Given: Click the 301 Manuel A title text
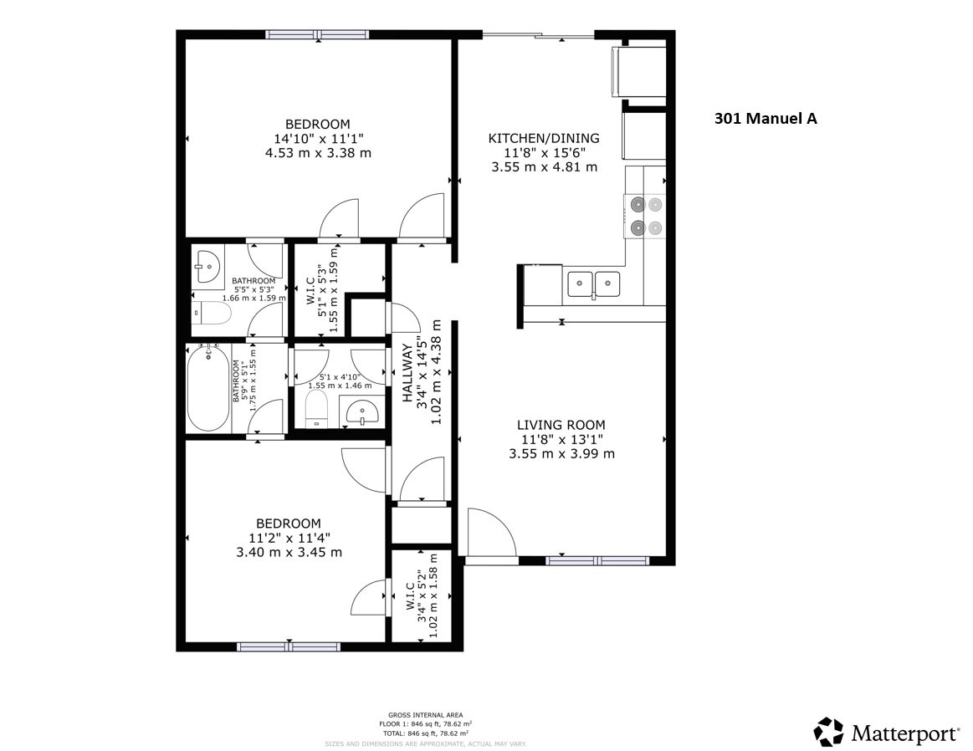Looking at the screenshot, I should pos(765,119).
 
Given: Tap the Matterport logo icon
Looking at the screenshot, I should pos(828,732).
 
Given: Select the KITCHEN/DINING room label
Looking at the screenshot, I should pos(544,138).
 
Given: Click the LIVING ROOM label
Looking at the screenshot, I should pos(561,425).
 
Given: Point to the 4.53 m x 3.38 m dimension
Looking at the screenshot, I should pos(318,153).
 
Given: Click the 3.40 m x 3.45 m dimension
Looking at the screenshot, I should pos(289,552).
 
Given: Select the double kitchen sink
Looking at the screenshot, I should pos(593,284).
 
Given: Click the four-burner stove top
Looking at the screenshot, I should pos(645,215).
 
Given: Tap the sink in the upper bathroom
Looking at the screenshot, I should pos(206,266).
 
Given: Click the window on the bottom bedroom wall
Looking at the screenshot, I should pos(289,646).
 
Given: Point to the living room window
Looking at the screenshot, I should pos(597,560).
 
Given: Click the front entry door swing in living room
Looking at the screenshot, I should pos(489,531).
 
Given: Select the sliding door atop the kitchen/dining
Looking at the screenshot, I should pos(539,35).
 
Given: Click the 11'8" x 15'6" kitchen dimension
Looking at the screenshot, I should pos(544,152).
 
